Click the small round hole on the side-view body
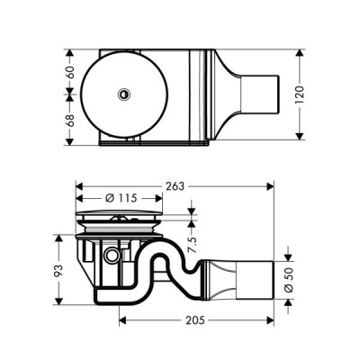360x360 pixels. click(x=111, y=257)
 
